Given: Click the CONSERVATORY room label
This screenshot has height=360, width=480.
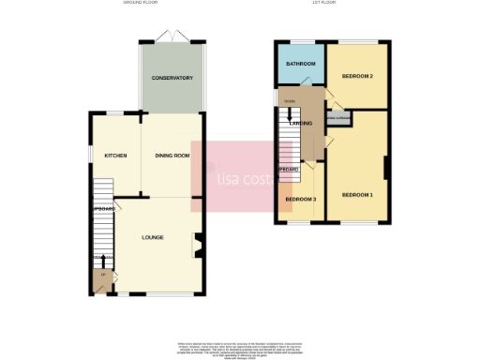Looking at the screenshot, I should coord(173,78).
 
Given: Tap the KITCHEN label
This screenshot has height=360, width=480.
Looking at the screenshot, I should coord(115,156).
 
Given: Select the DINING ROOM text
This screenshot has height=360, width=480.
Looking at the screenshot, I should coord(172,156).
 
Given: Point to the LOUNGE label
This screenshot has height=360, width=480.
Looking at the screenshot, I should coord(153,237).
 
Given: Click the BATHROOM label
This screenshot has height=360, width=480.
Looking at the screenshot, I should coord(299,64).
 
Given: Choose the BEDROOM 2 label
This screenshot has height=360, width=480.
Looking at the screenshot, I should coord(357,75).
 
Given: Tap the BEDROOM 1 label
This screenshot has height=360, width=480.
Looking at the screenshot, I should coord(357,194).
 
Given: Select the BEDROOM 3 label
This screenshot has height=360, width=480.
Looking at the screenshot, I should coord(301,199).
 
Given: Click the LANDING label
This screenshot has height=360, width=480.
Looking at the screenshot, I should coord(301,123).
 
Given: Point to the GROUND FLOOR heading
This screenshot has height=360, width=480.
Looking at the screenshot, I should coord(141,4).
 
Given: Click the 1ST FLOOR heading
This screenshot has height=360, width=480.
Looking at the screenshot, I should coord(324,4).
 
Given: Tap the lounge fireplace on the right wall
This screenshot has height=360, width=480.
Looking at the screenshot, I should coord(196,246).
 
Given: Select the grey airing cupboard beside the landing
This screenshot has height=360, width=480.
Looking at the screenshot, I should coord(337,118).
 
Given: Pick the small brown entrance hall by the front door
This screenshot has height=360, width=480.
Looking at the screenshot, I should coord(101,279).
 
